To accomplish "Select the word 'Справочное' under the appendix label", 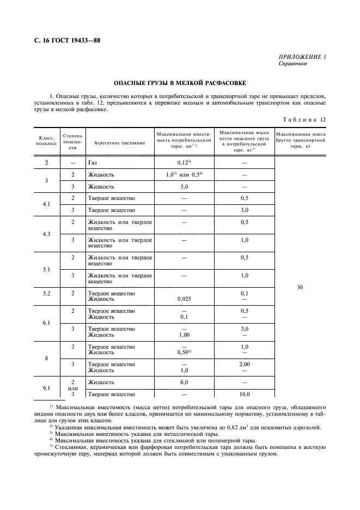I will point(292,64).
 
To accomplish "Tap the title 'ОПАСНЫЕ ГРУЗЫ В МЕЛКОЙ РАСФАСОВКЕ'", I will point(180,83).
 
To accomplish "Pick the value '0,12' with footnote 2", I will point(184,162).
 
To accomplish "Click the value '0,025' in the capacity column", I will point(184,299).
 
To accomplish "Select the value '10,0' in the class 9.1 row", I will point(245,394).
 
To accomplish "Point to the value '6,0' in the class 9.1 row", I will point(184,382).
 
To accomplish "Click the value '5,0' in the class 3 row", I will point(184,186).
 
